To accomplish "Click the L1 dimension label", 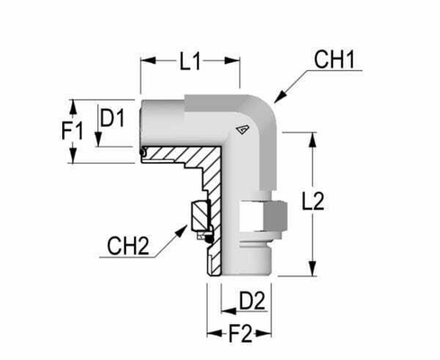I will (x=190, y=62).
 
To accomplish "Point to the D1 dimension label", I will (x=112, y=118).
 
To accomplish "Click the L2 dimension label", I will (x=338, y=205).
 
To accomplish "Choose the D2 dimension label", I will (x=239, y=297).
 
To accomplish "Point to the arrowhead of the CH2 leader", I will (x=189, y=235).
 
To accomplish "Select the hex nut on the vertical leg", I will (x=267, y=216).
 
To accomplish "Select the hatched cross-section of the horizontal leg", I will (x=180, y=158).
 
